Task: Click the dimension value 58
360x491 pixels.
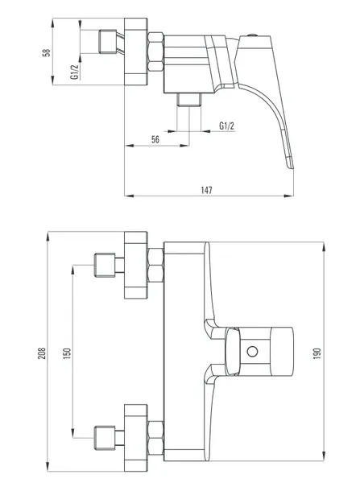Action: pos(47,52)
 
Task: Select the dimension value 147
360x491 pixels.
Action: pos(206,190)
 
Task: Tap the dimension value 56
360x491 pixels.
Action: pos(155,140)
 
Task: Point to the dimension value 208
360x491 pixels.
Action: pos(42,353)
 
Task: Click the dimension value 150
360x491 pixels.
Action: pos(67,353)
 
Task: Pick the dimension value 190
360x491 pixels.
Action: pos(317,353)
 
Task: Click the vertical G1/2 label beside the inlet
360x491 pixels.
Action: pos(75,72)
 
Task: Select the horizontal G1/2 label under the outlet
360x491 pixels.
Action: pos(226,126)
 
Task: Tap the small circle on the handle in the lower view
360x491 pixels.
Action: pos(252,351)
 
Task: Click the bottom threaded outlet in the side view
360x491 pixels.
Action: pos(189,100)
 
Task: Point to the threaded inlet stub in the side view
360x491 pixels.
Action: pos(108,41)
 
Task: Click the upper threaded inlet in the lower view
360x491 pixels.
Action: pos(105,265)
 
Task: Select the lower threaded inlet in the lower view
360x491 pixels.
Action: pos(105,437)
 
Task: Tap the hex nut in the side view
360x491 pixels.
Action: pos(155,52)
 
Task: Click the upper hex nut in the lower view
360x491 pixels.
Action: pos(155,265)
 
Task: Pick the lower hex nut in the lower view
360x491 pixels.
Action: pos(155,437)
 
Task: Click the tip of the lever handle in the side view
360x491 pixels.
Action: pos(291,167)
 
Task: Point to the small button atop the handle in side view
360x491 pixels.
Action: pos(253,35)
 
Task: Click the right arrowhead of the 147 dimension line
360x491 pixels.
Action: pos(289,196)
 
